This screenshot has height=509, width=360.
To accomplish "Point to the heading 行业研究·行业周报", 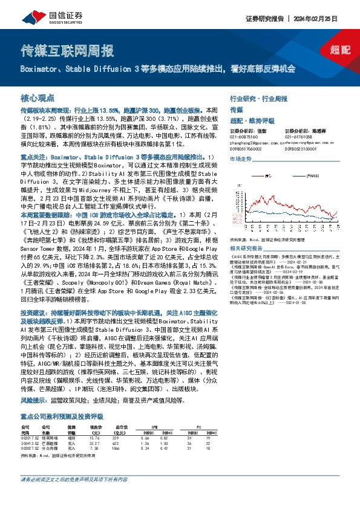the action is (x=253, y=97).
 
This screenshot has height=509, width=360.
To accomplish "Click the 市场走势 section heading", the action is (x=240, y=158).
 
